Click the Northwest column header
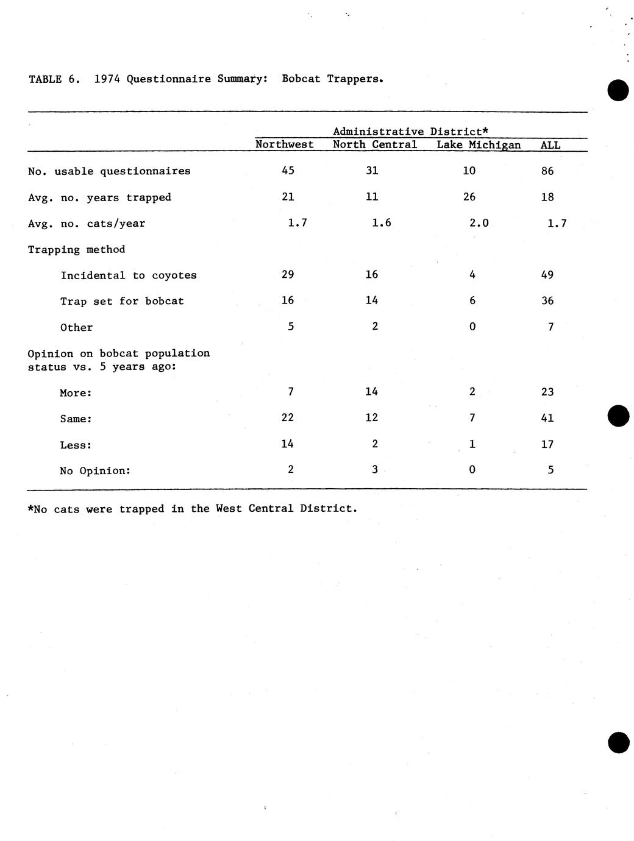(284, 144)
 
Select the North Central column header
(375, 144)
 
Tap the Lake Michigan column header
(479, 145)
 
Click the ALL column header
(550, 145)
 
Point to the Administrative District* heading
(411, 131)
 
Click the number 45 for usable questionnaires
(288, 171)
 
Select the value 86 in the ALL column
(547, 171)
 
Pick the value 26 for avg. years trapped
(469, 197)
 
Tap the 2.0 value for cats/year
(479, 223)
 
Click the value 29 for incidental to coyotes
(288, 274)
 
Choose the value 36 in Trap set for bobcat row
(547, 300)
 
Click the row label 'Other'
(76, 327)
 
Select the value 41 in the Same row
(547, 418)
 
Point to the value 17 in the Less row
(547, 444)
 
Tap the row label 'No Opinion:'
(95, 470)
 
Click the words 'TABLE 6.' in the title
(54, 79)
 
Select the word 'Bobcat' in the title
(301, 79)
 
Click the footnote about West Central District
(192, 508)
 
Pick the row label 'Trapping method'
(76, 249)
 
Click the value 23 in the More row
(547, 392)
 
